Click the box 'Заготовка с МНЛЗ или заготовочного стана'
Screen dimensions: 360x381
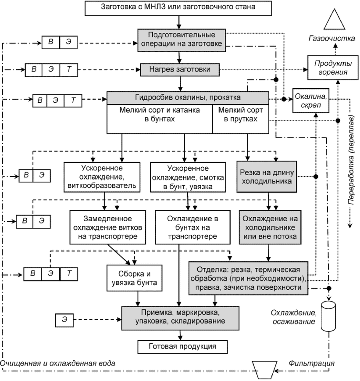[178, 8]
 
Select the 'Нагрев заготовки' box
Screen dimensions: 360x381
[180, 70]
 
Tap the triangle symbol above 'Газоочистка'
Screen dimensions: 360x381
[334, 19]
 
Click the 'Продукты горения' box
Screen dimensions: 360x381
[333, 68]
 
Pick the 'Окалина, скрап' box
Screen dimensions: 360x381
[311, 101]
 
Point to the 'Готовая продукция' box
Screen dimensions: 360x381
[182, 347]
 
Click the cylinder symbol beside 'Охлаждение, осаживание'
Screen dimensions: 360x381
[328, 316]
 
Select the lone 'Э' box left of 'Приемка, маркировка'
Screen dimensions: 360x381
[64, 320]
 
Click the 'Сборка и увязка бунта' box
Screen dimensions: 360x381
[135, 278]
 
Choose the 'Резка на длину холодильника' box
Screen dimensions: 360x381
[267, 176]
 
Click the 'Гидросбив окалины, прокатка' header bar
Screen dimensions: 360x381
[188, 98]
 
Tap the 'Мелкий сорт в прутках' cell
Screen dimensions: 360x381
[241, 119]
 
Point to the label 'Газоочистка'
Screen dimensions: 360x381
[331, 38]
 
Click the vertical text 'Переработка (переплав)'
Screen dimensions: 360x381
[351, 160]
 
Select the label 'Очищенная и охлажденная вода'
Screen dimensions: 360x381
[57, 363]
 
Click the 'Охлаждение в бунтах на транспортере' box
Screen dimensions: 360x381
[193, 227]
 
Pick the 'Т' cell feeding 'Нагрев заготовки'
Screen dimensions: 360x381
[69, 70]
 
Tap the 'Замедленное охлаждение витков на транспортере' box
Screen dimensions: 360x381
[108, 227]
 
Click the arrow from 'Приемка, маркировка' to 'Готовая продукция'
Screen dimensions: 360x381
[180, 335]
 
